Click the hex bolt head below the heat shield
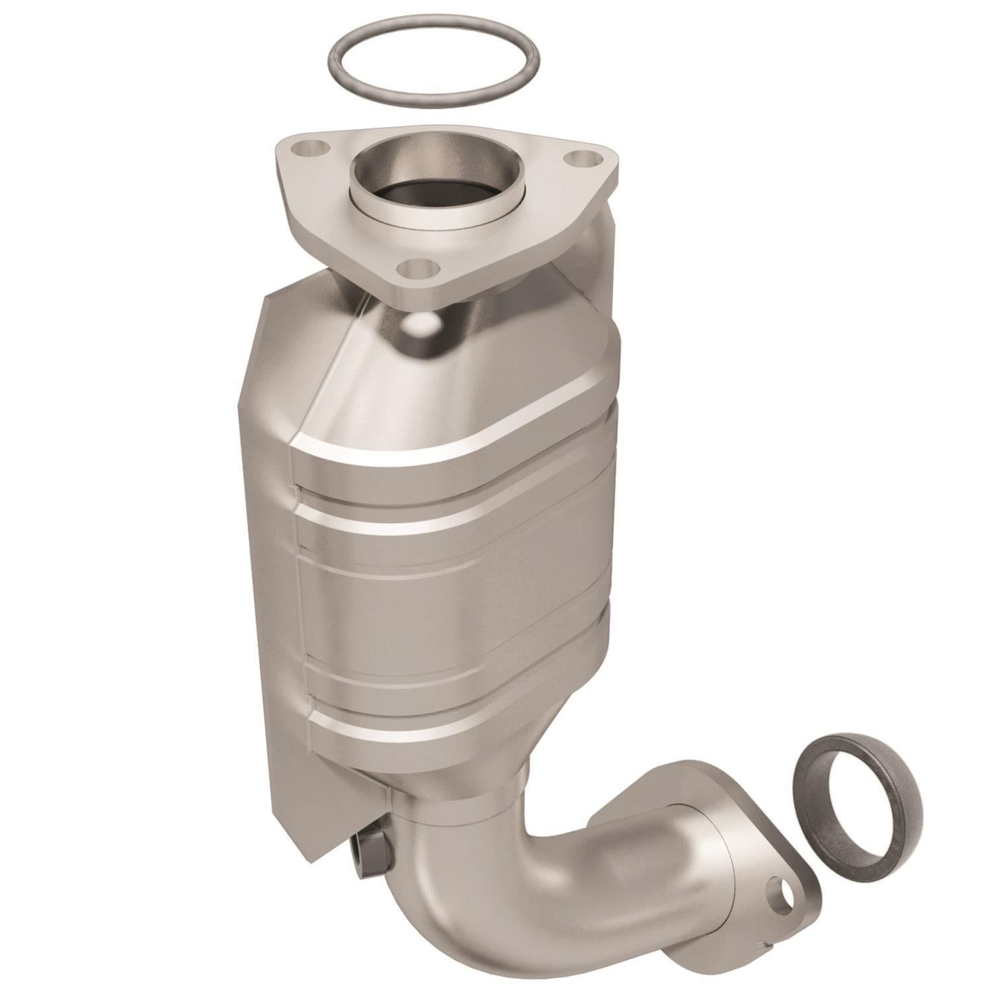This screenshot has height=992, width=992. pyautogui.click(x=368, y=860)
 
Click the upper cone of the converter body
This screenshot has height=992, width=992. pyautogui.click(x=463, y=384)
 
